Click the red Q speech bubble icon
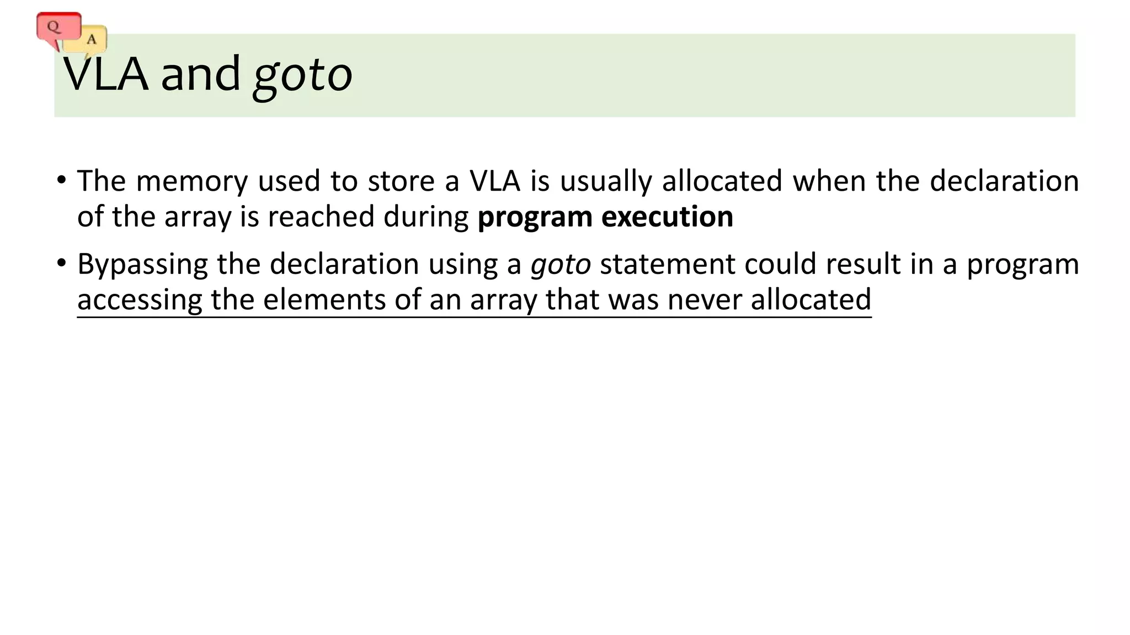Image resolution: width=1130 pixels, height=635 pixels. click(57, 26)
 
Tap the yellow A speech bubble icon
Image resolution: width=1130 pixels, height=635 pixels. click(90, 40)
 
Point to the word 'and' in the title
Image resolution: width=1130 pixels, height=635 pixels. click(200, 74)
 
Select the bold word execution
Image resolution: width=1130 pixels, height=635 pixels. click(667, 217)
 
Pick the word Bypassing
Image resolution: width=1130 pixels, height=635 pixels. click(142, 265)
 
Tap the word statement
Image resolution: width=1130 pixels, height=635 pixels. click(668, 264)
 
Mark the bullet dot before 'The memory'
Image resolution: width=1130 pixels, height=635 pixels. click(61, 180)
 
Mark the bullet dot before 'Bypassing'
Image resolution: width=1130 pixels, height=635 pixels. click(61, 263)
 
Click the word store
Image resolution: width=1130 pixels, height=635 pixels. click(401, 181)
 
